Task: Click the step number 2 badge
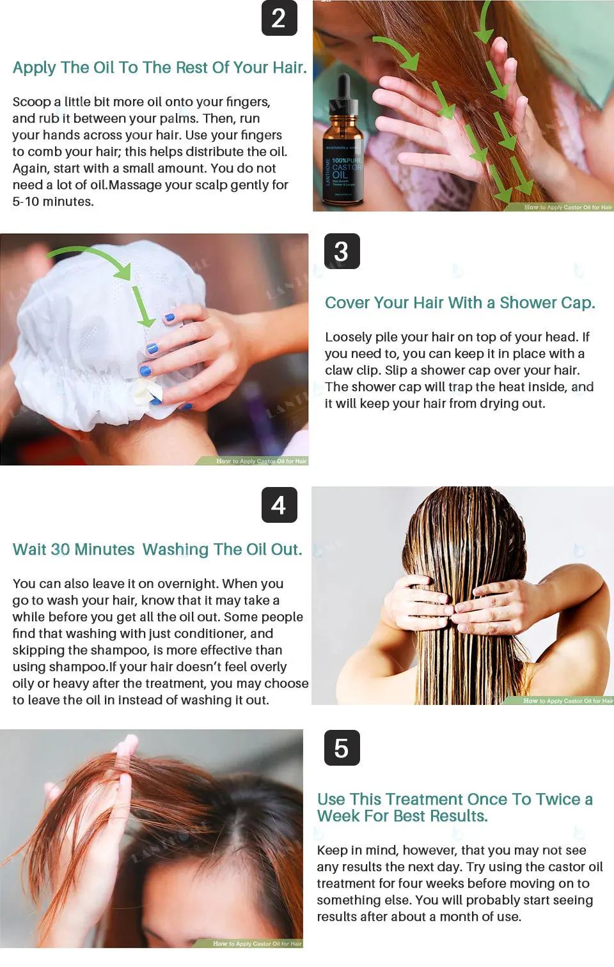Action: (x=279, y=18)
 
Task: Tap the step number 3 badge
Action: (x=342, y=251)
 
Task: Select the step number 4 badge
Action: (x=279, y=505)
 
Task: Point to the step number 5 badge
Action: (x=342, y=748)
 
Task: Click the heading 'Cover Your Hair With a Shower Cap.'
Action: (x=459, y=302)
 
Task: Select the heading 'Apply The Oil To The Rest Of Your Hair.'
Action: (x=159, y=68)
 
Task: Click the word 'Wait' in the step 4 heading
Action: (x=29, y=550)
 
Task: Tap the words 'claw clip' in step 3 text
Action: (x=352, y=370)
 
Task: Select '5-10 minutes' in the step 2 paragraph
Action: (x=52, y=201)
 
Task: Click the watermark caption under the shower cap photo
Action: (x=261, y=461)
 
